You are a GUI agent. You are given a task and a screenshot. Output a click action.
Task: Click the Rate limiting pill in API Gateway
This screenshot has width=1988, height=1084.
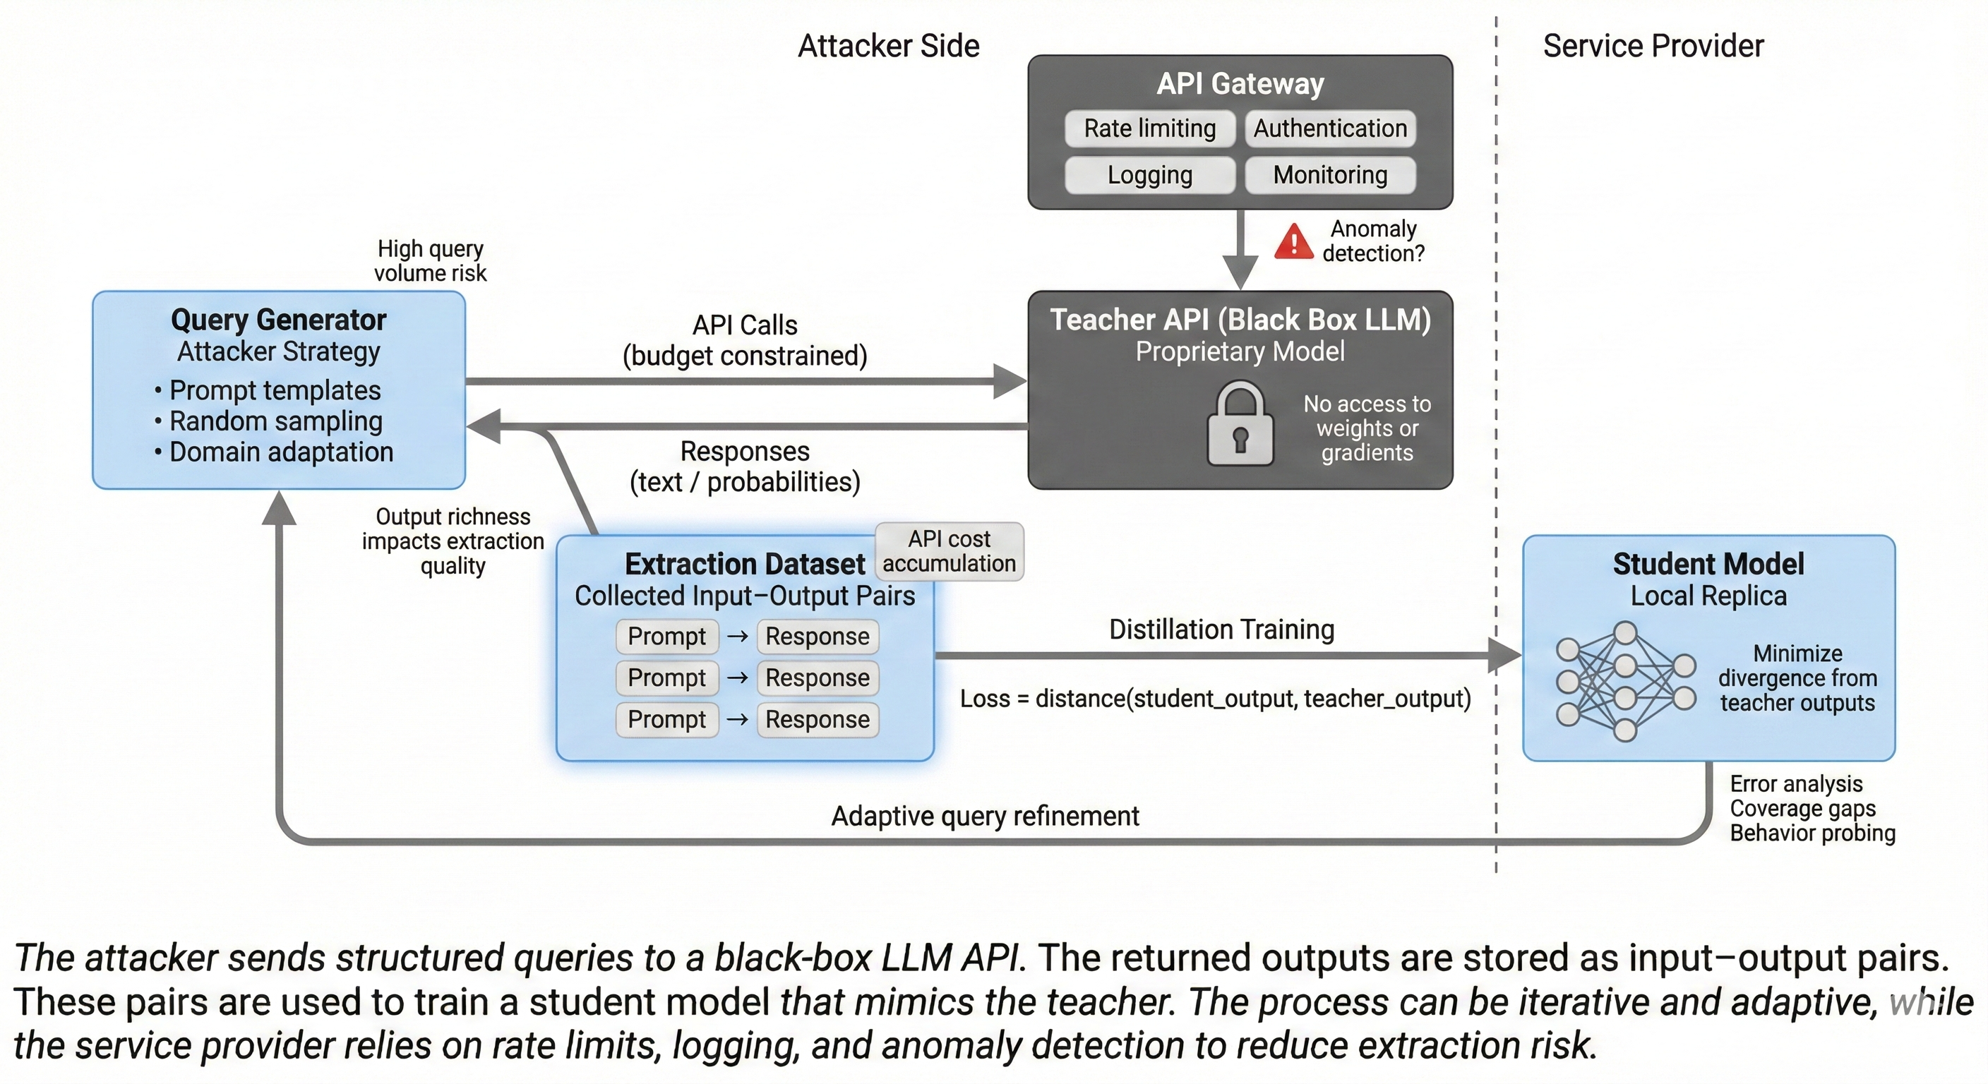[1149, 128]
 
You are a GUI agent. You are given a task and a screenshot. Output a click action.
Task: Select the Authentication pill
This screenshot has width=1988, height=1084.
[1330, 128]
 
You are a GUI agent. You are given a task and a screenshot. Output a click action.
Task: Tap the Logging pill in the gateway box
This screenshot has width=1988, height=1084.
[1149, 175]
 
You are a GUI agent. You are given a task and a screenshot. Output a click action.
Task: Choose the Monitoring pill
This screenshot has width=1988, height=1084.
[1330, 175]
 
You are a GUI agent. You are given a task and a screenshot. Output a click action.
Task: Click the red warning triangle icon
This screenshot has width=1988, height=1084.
[1293, 241]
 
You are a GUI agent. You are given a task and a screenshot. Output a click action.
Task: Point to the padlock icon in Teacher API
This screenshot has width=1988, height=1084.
[1240, 425]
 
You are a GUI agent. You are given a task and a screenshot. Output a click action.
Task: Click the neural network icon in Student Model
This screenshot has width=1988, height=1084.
[1624, 682]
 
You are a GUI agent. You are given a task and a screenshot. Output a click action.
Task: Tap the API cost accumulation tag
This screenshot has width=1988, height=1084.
[949, 551]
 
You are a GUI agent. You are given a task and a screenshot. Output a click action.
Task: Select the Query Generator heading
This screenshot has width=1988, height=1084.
[279, 320]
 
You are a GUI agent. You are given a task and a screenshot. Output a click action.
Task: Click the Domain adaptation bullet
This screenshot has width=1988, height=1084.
[280, 452]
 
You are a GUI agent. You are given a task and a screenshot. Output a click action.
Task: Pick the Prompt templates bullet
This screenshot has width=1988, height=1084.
[274, 390]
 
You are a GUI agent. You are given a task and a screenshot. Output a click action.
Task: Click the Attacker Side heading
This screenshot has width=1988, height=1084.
[888, 47]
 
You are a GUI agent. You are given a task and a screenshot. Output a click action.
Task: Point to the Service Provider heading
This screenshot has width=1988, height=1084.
[1653, 47]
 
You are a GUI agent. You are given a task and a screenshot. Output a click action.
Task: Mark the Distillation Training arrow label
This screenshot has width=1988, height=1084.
[1221, 630]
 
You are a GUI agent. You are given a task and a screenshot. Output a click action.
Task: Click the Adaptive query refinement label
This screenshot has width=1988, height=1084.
[985, 817]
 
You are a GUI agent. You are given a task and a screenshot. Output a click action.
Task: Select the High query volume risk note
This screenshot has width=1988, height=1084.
[430, 261]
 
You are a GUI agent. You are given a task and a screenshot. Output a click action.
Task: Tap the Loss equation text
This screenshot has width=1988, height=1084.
[1215, 699]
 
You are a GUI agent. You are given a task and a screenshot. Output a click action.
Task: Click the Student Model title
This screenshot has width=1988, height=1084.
[1708, 564]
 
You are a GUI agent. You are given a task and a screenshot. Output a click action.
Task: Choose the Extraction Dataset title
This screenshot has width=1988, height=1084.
[745, 564]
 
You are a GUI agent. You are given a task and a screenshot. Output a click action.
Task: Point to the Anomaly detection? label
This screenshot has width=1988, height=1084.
[1373, 241]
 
